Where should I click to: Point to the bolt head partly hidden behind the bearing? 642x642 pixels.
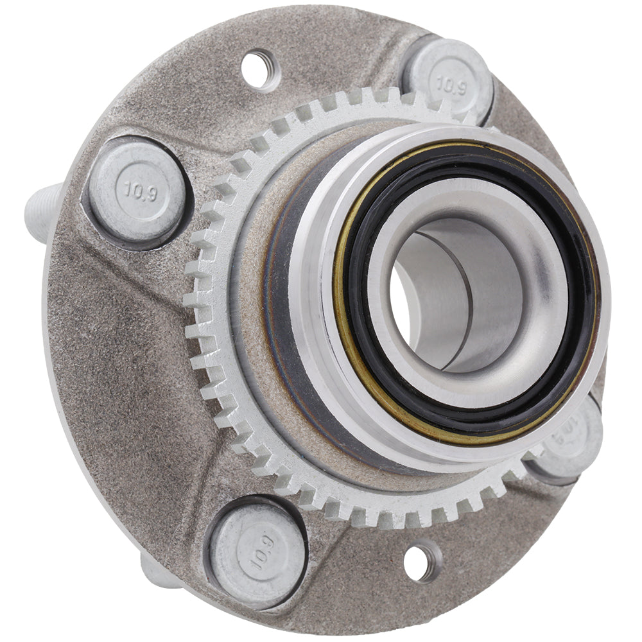[x=575, y=443]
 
